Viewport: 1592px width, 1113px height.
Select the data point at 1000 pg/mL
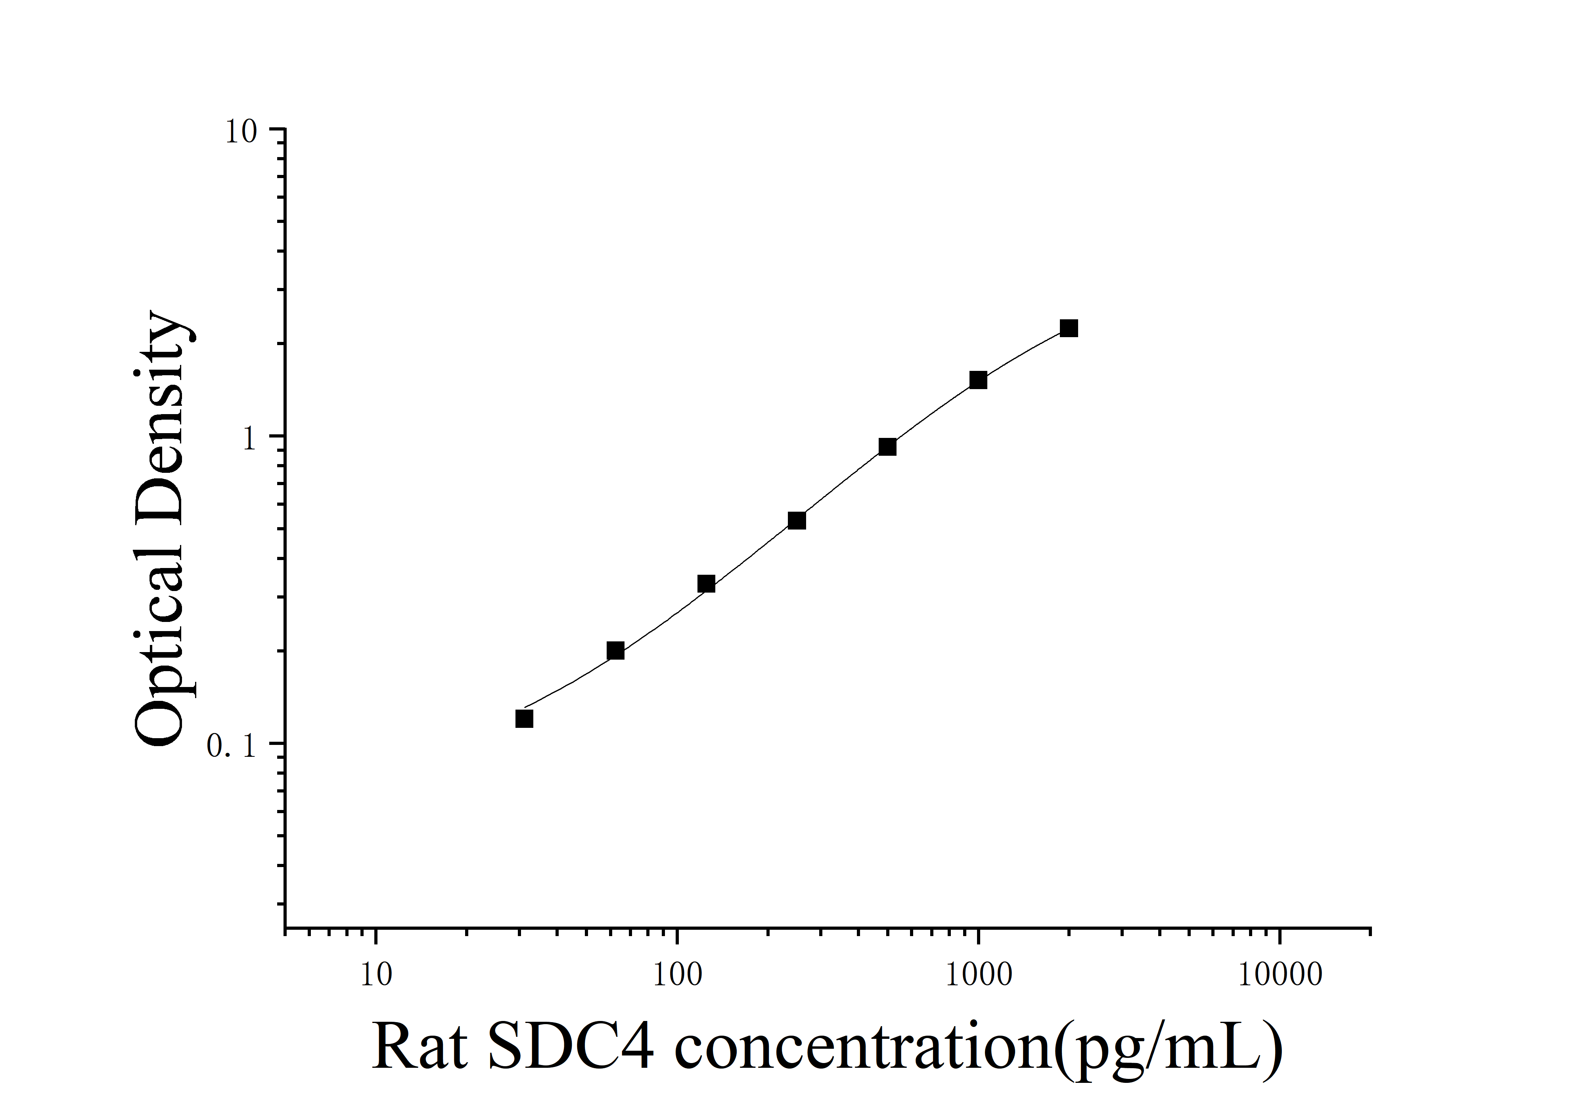[978, 380]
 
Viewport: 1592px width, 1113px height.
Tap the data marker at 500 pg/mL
[887, 447]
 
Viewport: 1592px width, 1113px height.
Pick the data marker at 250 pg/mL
[797, 521]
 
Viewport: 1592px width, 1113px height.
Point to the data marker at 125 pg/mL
[706, 584]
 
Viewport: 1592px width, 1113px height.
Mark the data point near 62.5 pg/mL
[615, 651]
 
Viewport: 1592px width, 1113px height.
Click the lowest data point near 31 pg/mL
[524, 719]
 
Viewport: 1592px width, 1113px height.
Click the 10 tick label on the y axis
[241, 132]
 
